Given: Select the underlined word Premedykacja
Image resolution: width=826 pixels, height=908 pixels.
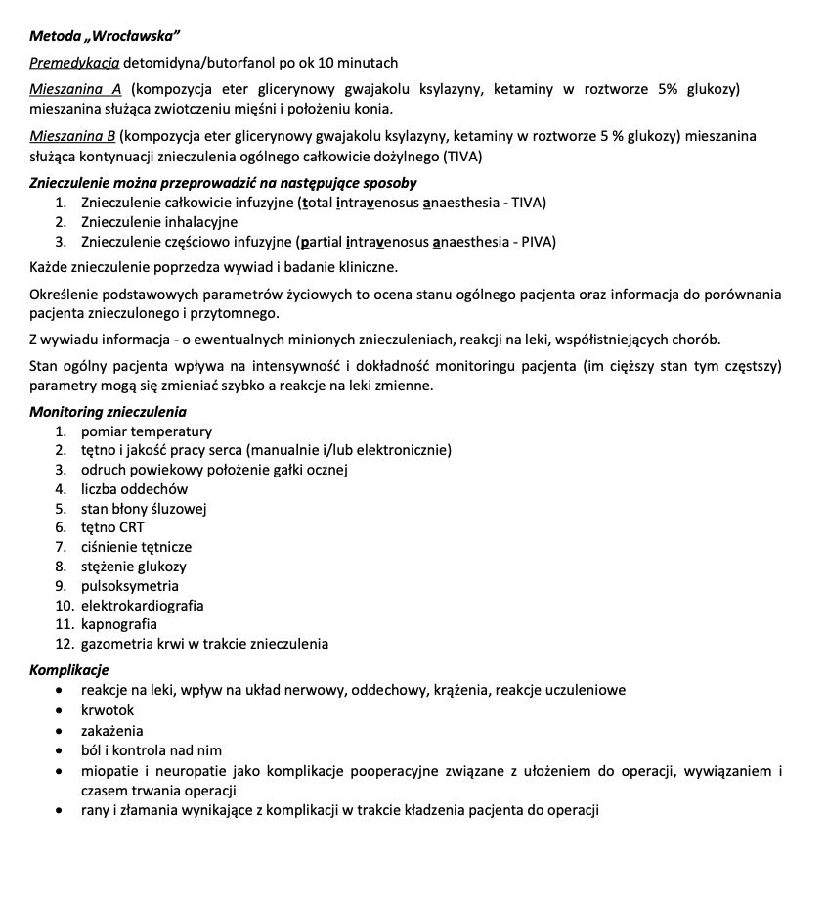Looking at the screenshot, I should pos(74,63).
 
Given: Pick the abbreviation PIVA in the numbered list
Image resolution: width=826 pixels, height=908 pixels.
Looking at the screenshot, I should pos(536,242).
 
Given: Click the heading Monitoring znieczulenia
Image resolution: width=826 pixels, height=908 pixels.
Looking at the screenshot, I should pos(108,412).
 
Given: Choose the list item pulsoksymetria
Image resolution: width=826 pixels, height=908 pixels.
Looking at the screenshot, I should pos(130,586).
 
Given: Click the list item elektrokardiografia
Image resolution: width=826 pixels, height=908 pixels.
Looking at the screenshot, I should pos(143,606).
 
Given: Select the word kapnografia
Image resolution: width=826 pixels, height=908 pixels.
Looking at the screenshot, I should pos(119,624).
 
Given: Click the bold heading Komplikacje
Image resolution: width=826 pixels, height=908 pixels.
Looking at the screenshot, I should pos(69,670).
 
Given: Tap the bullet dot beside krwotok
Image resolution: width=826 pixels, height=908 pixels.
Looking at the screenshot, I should pos(61,711).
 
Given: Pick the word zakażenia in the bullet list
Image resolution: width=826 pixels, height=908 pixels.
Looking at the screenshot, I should pos(112,731).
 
